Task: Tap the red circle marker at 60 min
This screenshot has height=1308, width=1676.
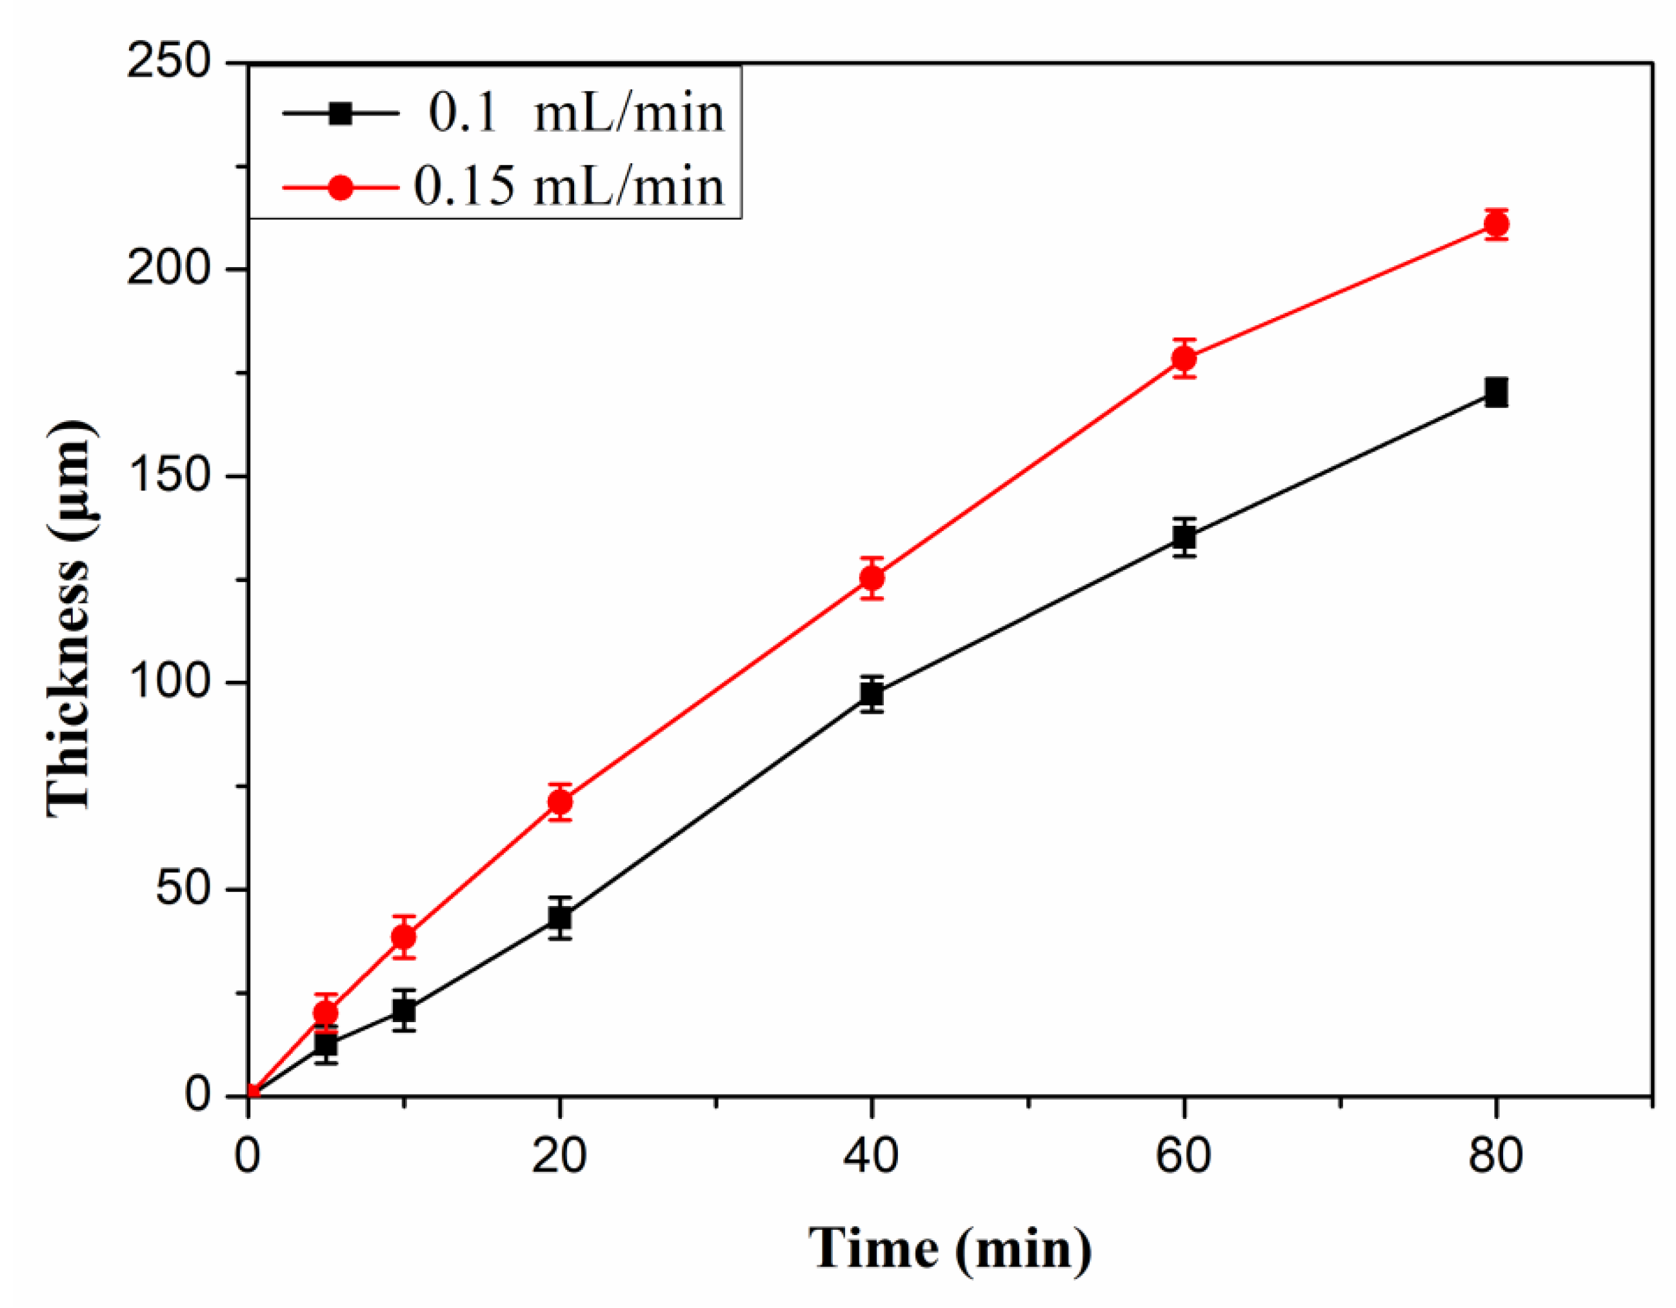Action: pyautogui.click(x=1184, y=359)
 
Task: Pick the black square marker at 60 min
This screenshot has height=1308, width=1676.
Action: pyautogui.click(x=1184, y=538)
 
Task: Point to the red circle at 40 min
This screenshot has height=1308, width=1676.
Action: pyautogui.click(x=872, y=578)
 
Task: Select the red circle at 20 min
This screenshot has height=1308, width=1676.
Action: pyautogui.click(x=560, y=802)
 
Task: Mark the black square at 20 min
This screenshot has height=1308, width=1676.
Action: pyautogui.click(x=560, y=918)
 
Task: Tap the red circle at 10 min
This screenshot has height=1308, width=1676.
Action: pyautogui.click(x=404, y=937)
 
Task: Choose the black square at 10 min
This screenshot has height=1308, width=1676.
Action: pyautogui.click(x=404, y=1010)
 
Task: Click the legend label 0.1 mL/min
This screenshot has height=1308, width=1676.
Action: pyautogui.click(x=575, y=114)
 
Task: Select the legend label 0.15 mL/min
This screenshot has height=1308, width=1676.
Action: pyautogui.click(x=568, y=186)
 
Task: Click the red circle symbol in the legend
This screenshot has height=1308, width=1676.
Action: pyautogui.click(x=340, y=187)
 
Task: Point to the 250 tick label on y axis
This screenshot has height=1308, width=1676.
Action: pyautogui.click(x=169, y=61)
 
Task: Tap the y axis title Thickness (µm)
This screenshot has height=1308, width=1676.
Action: pyautogui.click(x=70, y=619)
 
